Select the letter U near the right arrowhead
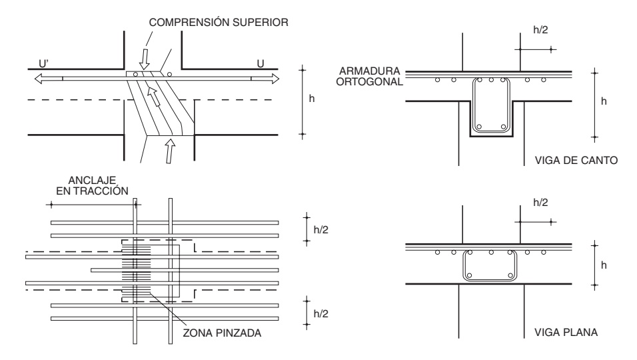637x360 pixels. (x=261, y=63)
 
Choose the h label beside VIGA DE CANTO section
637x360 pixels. (x=603, y=101)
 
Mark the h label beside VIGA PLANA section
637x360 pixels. (x=603, y=264)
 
